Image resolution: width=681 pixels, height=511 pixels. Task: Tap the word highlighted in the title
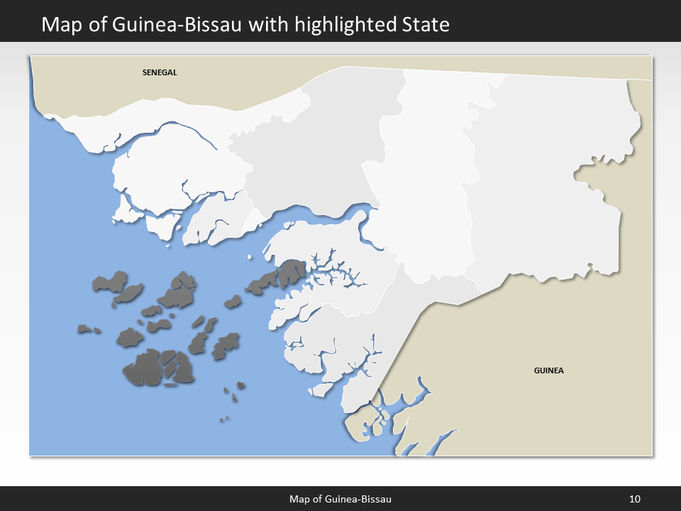[331, 25]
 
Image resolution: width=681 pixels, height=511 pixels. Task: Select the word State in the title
[423, 25]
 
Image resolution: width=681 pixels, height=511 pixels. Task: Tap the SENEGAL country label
[159, 72]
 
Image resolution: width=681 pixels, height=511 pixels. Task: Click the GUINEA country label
[548, 370]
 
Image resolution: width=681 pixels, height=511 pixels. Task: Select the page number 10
[635, 499]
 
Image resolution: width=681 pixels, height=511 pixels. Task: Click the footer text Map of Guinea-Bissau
[340, 499]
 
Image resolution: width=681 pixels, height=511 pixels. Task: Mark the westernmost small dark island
[85, 329]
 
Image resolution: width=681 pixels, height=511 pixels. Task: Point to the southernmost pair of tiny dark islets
[224, 419]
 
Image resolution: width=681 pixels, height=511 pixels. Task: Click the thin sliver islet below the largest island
[170, 386]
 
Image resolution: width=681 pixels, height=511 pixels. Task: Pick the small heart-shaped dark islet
[241, 385]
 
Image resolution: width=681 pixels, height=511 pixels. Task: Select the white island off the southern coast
[322, 389]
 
